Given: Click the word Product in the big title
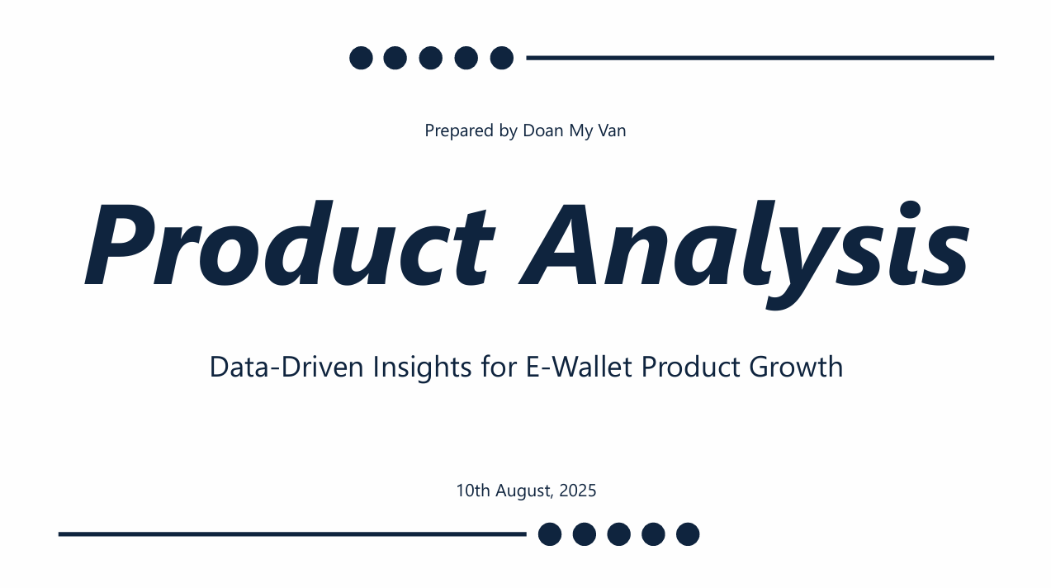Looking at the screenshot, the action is pyautogui.click(x=290, y=243).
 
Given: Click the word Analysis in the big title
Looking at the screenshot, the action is pyautogui.click(x=744, y=254).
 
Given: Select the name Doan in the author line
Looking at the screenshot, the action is pyautogui.click(x=543, y=130).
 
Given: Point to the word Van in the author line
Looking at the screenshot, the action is pyautogui.click(x=612, y=130).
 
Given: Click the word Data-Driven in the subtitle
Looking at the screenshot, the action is pyautogui.click(x=286, y=367).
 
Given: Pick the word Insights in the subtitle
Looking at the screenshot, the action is pyautogui.click(x=422, y=367).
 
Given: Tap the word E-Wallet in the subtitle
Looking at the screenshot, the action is pyautogui.click(x=579, y=367).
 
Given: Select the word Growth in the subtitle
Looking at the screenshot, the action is pyautogui.click(x=796, y=367).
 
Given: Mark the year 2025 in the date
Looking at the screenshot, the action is pyautogui.click(x=578, y=491).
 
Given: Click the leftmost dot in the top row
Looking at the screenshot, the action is pyautogui.click(x=362, y=58).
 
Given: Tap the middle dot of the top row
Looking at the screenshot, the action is pyautogui.click(x=431, y=58).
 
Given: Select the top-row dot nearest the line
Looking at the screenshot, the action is pyautogui.click(x=502, y=58).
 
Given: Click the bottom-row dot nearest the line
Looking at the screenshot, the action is pyautogui.click(x=550, y=534).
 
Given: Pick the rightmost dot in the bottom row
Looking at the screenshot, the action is pyautogui.click(x=688, y=534).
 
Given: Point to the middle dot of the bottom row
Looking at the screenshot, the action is pyautogui.click(x=619, y=534).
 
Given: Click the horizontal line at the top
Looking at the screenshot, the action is pyautogui.click(x=760, y=58).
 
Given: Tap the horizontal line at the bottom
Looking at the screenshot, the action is pyautogui.click(x=292, y=534).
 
